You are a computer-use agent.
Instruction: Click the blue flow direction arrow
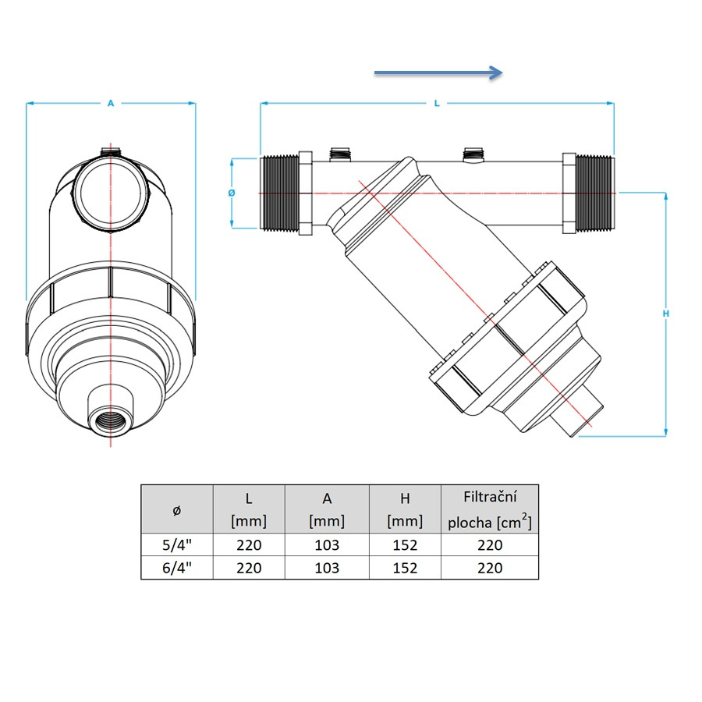click(x=438, y=73)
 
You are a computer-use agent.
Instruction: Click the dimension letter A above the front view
click(x=111, y=104)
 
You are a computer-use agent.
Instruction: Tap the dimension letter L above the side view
click(x=437, y=104)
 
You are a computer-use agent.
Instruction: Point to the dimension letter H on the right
click(x=666, y=314)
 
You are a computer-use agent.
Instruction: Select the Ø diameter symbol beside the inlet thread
click(x=232, y=193)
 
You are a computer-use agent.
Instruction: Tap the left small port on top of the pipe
click(x=340, y=154)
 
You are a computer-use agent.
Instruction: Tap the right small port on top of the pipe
click(x=473, y=154)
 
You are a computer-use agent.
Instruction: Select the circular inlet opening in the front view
click(x=111, y=193)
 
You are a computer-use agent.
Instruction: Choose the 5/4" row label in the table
click(x=177, y=545)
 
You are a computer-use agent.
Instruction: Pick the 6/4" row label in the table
click(x=177, y=568)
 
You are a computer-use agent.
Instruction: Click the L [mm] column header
click(x=249, y=509)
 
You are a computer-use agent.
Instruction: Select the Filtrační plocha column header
click(x=490, y=509)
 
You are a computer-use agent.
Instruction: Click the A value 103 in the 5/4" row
click(x=327, y=545)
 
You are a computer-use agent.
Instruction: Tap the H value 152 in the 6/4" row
click(x=405, y=568)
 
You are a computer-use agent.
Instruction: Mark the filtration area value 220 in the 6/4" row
click(x=490, y=568)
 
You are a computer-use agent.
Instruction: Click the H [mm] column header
click(x=405, y=509)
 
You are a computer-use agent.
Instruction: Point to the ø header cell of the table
click(x=177, y=510)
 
